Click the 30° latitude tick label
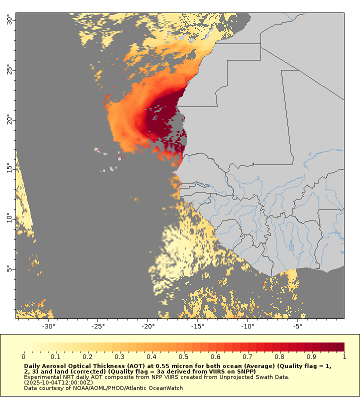[10, 20]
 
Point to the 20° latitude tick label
[10, 120]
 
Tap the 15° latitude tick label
[10, 169]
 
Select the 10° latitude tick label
[10, 219]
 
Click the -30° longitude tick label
[48, 326]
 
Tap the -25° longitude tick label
[97, 326]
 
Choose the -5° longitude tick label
[296, 326]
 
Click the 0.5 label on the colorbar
[184, 356]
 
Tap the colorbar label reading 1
[344, 356]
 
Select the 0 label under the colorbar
[23, 356]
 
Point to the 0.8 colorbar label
[280, 356]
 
